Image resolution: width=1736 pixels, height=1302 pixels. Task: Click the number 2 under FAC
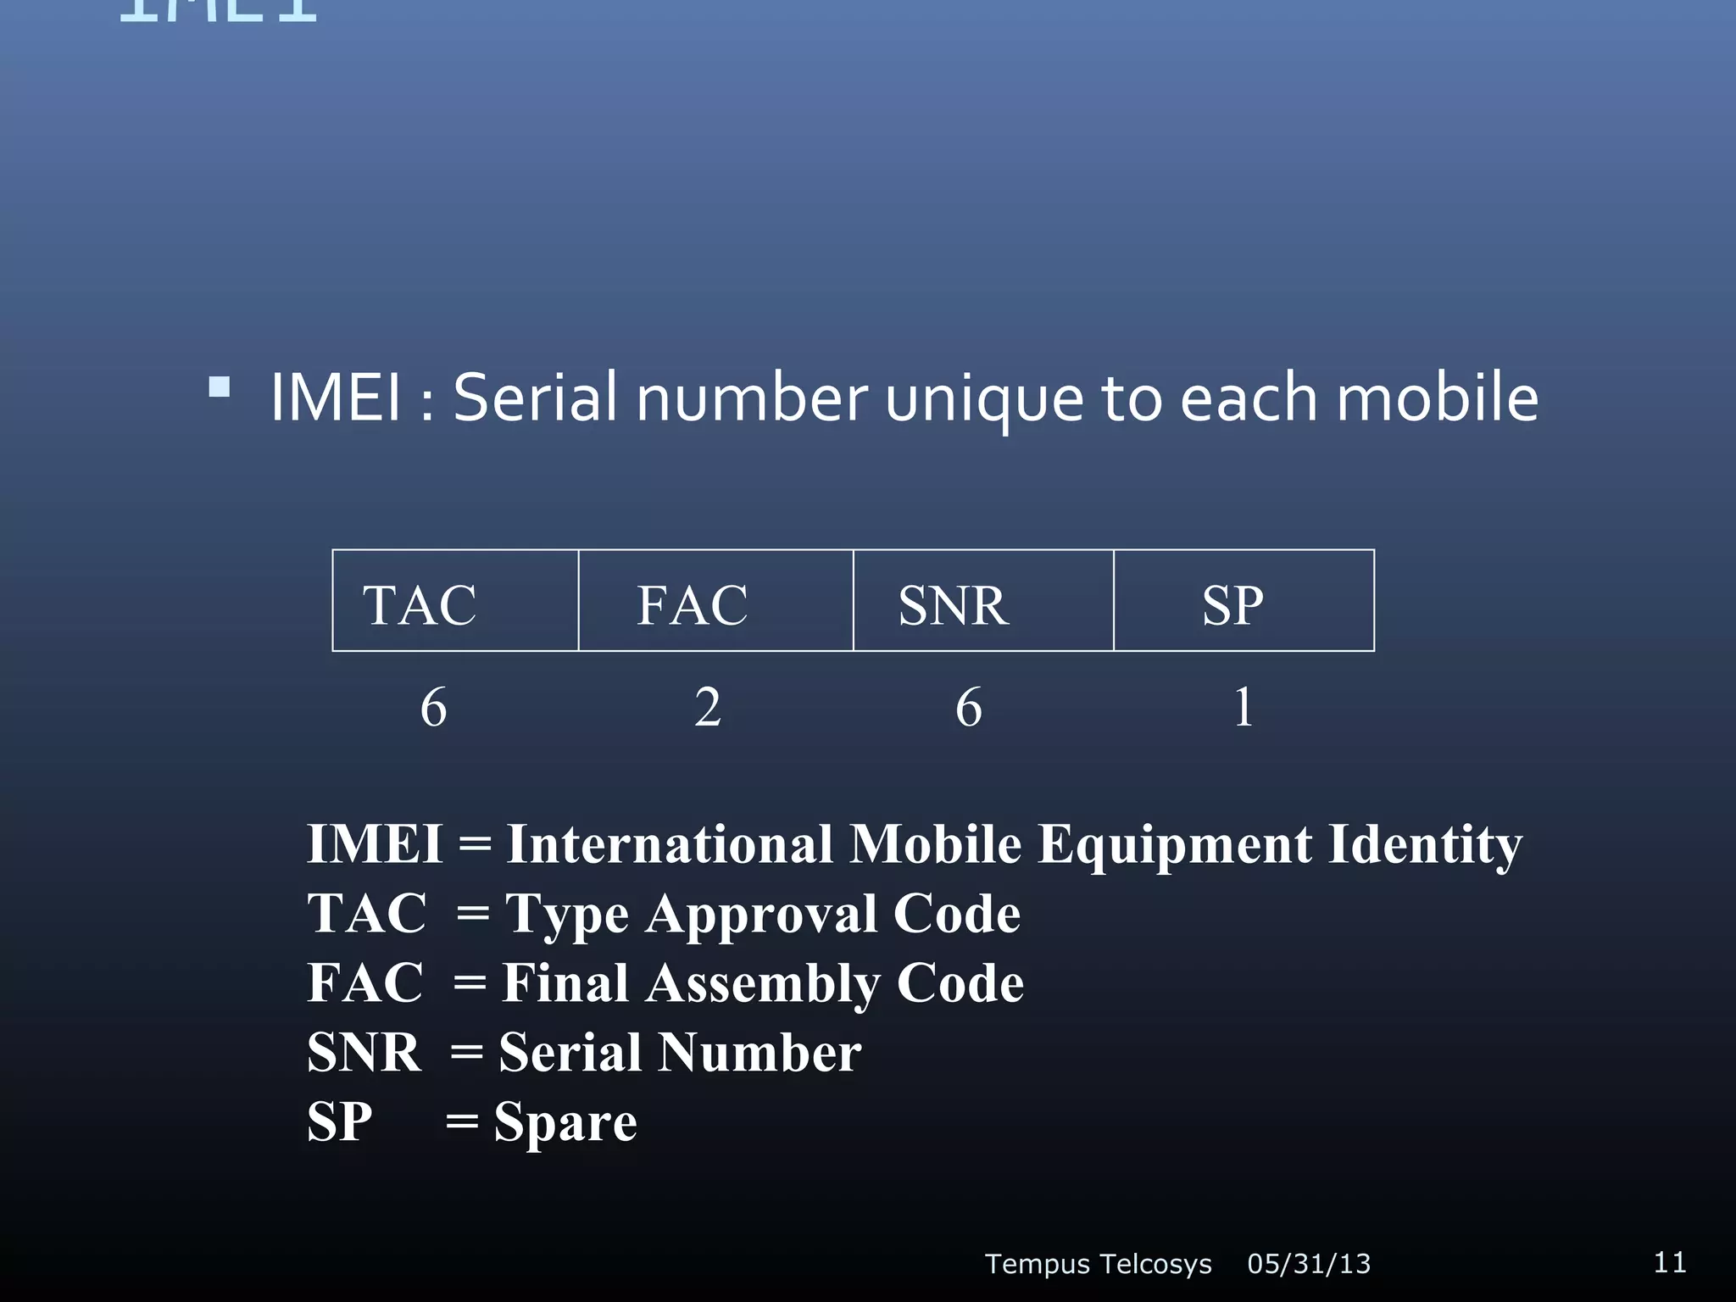pos(708,707)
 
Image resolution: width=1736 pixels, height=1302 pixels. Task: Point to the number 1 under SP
pos(1243,707)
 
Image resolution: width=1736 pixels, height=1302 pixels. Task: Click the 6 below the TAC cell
pos(433,707)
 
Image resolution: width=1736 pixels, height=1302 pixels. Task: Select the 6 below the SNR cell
pos(969,707)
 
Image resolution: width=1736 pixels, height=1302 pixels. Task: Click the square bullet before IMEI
pos(220,387)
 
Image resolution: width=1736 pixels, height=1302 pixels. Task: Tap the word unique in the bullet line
pos(984,398)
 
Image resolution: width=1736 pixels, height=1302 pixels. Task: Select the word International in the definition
pos(670,844)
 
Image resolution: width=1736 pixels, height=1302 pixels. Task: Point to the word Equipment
pos(1175,846)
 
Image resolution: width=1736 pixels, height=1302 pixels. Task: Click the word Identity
pos(1425,846)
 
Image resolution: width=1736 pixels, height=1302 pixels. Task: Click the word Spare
pos(565,1123)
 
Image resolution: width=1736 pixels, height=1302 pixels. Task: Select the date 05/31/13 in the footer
pos(1309,1264)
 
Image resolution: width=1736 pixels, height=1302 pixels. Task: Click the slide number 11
pos(1670,1262)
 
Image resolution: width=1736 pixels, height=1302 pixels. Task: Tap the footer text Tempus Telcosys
pos(1098,1264)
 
